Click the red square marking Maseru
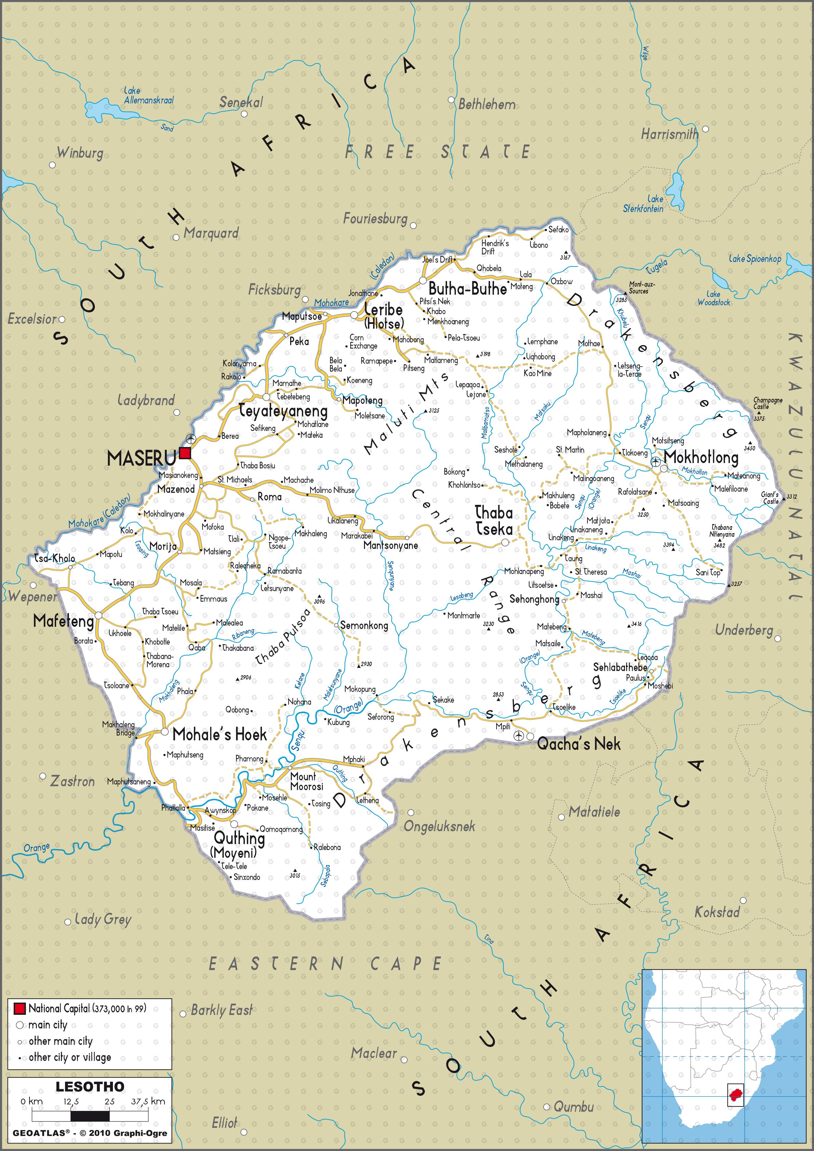(x=185, y=453)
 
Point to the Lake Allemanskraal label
(x=148, y=96)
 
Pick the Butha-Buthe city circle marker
(x=423, y=280)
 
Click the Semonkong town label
(x=364, y=626)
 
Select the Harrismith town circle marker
(x=705, y=129)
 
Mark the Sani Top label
(x=708, y=572)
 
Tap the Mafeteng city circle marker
(x=99, y=615)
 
